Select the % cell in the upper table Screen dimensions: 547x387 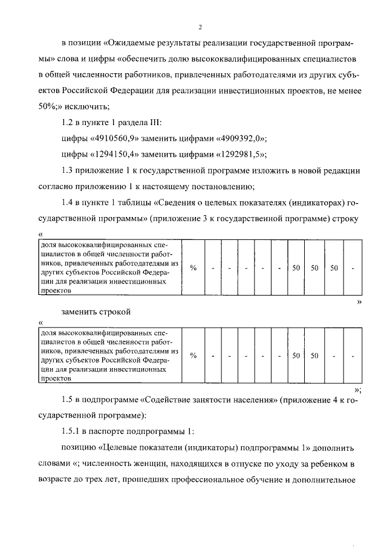tap(193, 268)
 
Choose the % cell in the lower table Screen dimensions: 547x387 tap(193, 355)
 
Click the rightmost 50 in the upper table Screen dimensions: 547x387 tap(333, 268)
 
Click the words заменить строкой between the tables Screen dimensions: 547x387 tap(96, 312)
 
